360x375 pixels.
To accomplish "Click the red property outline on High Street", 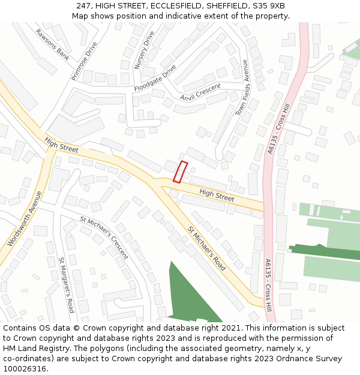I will pos(180,172).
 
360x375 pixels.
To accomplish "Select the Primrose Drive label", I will pos(84,61).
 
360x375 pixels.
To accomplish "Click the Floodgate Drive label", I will pos(155,78).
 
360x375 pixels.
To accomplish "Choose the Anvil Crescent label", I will pos(200,92).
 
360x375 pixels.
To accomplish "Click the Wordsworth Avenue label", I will pos(25,219).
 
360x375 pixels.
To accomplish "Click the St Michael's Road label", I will pos(206,248).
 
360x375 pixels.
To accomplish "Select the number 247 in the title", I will pos(84,6).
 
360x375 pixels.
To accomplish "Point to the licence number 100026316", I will pos(25,369).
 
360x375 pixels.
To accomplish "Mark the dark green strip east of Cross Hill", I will pos(324,251).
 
